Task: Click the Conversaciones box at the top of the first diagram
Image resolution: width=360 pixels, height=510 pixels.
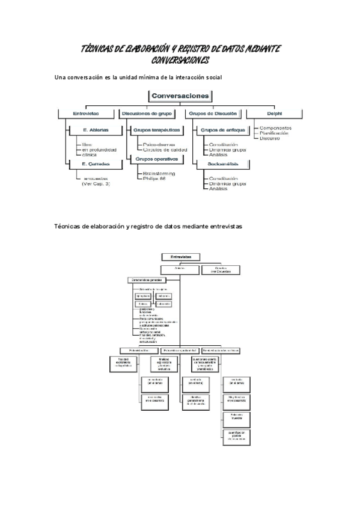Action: coord(180,96)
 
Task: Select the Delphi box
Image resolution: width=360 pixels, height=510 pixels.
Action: coord(275,112)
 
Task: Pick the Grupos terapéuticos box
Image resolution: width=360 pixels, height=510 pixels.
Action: coord(156,129)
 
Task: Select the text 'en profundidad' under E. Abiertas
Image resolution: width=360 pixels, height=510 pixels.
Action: coord(99,149)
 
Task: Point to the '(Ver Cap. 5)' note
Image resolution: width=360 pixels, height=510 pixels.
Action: coord(96,183)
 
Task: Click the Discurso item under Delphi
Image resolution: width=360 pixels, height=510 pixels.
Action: coord(270,138)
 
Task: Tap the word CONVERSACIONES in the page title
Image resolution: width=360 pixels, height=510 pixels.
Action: coord(180,60)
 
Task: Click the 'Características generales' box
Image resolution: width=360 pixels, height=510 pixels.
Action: coord(146,280)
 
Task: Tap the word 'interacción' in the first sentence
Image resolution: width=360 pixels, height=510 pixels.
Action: coord(181,78)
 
